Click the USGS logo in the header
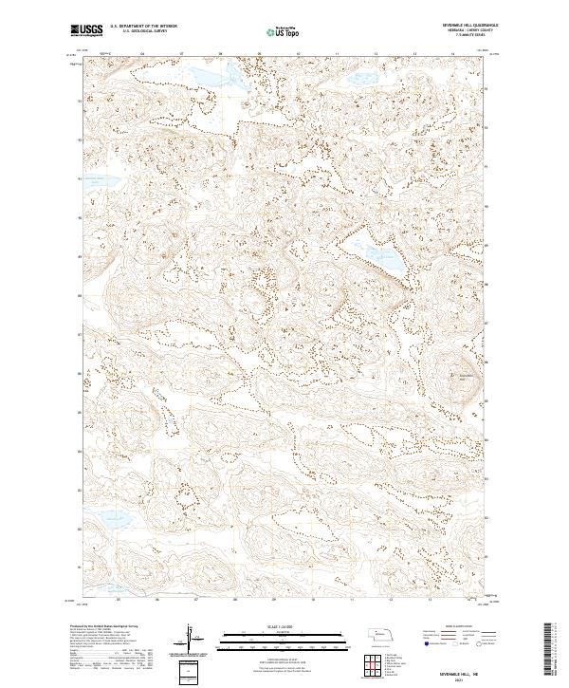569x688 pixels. tap(87, 31)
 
